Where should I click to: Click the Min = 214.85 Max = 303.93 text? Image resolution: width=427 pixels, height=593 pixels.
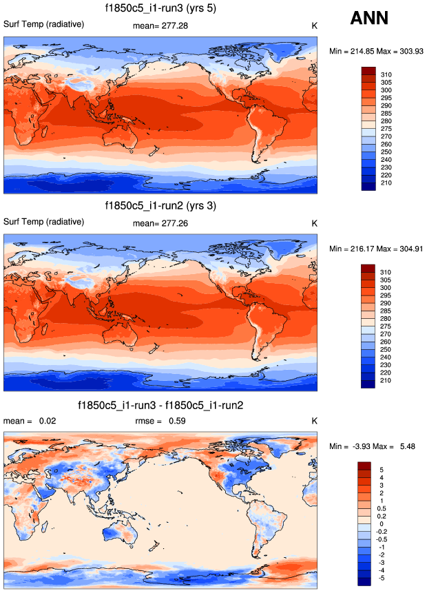pos(375,51)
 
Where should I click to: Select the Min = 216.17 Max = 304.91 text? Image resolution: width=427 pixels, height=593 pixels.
pos(375,248)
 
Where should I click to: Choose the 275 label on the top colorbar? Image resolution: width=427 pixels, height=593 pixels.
pos(386,129)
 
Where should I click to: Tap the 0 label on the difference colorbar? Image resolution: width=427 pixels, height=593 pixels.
pos(383,524)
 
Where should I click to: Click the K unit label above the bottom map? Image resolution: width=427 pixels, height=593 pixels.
pos(314,421)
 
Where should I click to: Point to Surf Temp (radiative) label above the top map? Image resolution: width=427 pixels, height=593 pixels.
pos(44,24)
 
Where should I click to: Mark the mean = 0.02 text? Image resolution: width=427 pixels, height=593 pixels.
pos(25,421)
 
